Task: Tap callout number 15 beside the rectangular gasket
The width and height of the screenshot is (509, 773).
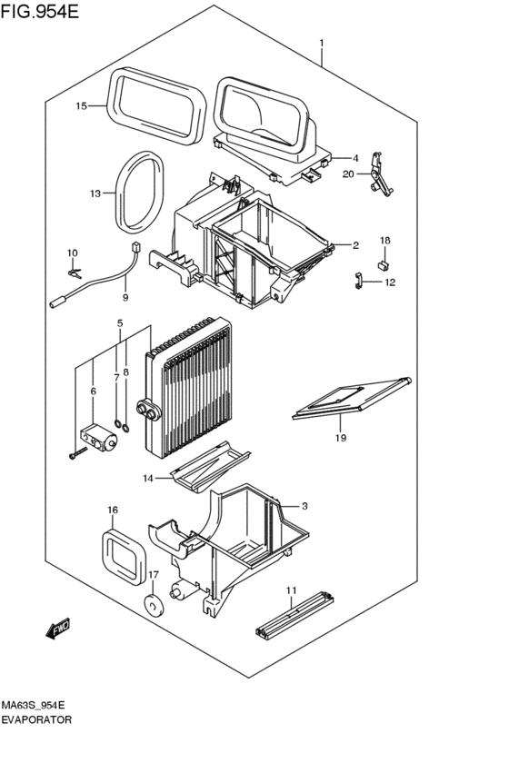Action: point(81,106)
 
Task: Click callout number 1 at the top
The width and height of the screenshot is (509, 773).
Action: point(321,44)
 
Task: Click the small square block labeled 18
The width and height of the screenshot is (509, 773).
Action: point(384,264)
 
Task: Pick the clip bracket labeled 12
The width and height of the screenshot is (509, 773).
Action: point(360,282)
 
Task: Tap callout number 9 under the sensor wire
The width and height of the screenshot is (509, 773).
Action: point(125,297)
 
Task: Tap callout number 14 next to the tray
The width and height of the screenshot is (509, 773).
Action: point(148,478)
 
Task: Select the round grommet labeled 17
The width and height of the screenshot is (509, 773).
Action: point(151,603)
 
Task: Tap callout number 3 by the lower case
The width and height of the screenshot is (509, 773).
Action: point(305,506)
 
